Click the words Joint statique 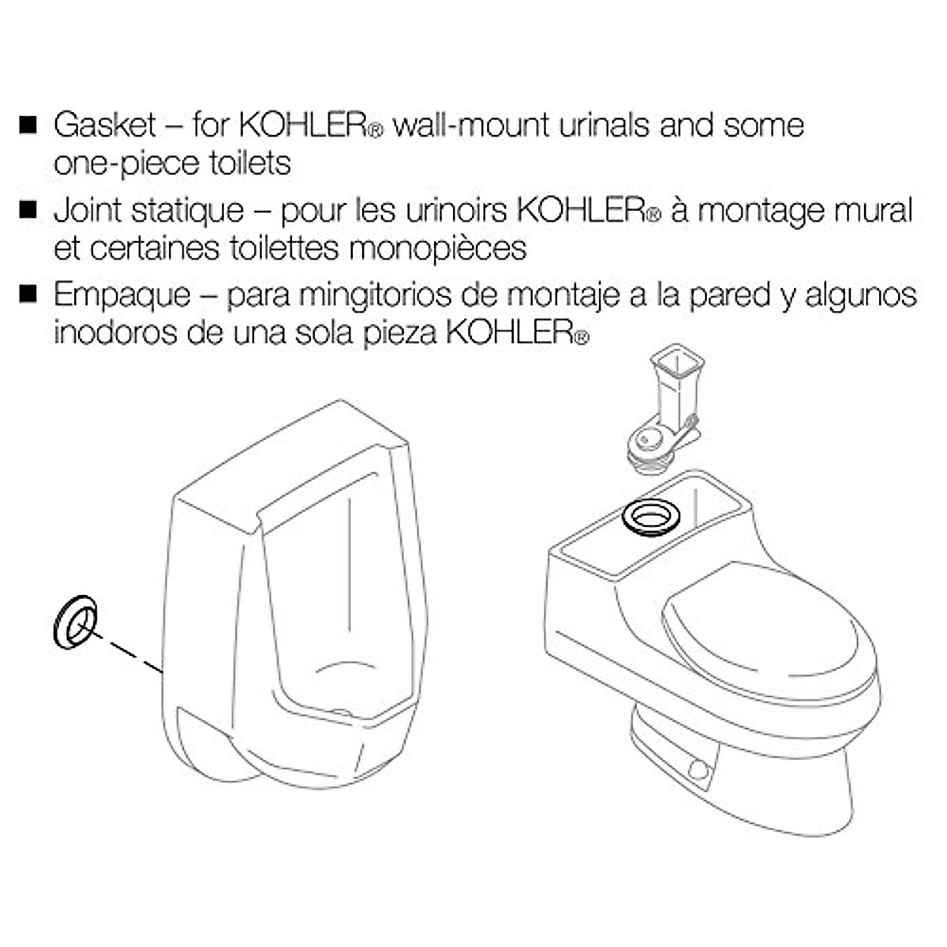148,211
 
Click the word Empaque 122,295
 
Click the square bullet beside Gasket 28,125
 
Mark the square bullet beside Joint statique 28,210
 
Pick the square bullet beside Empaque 28,294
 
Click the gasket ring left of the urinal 74,623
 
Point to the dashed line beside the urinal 130,655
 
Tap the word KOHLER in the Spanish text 509,332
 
